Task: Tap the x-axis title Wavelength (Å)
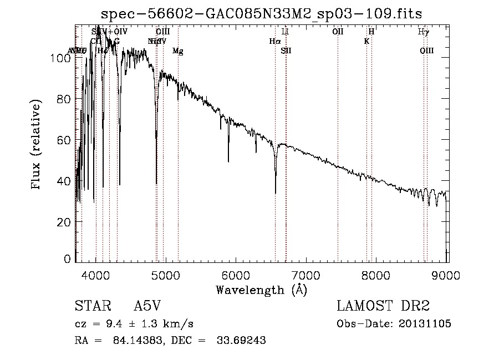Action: [x=261, y=290]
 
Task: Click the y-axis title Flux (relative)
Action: [x=37, y=145]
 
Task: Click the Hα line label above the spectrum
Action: [x=275, y=41]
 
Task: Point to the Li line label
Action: [x=286, y=32]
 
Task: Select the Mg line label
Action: [x=178, y=51]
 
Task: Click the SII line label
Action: [x=286, y=51]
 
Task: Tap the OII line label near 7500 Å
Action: [x=338, y=32]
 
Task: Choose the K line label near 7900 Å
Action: [x=366, y=41]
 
